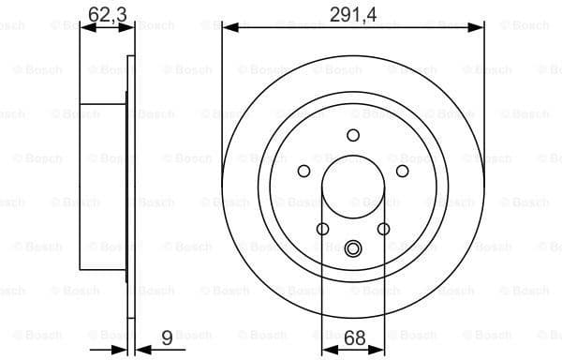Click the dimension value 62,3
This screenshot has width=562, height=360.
click(x=108, y=15)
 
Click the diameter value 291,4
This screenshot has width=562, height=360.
click(x=353, y=15)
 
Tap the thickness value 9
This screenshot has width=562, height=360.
click(x=167, y=337)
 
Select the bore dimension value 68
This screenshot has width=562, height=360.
click(x=354, y=337)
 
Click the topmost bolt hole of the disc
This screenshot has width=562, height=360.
click(x=353, y=135)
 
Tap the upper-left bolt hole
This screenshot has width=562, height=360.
click(x=303, y=171)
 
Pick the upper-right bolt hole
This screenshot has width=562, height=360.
click(x=403, y=171)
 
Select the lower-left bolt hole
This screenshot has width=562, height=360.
click(x=323, y=229)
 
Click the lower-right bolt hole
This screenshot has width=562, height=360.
click(x=383, y=229)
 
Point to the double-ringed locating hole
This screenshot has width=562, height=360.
click(x=353, y=248)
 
